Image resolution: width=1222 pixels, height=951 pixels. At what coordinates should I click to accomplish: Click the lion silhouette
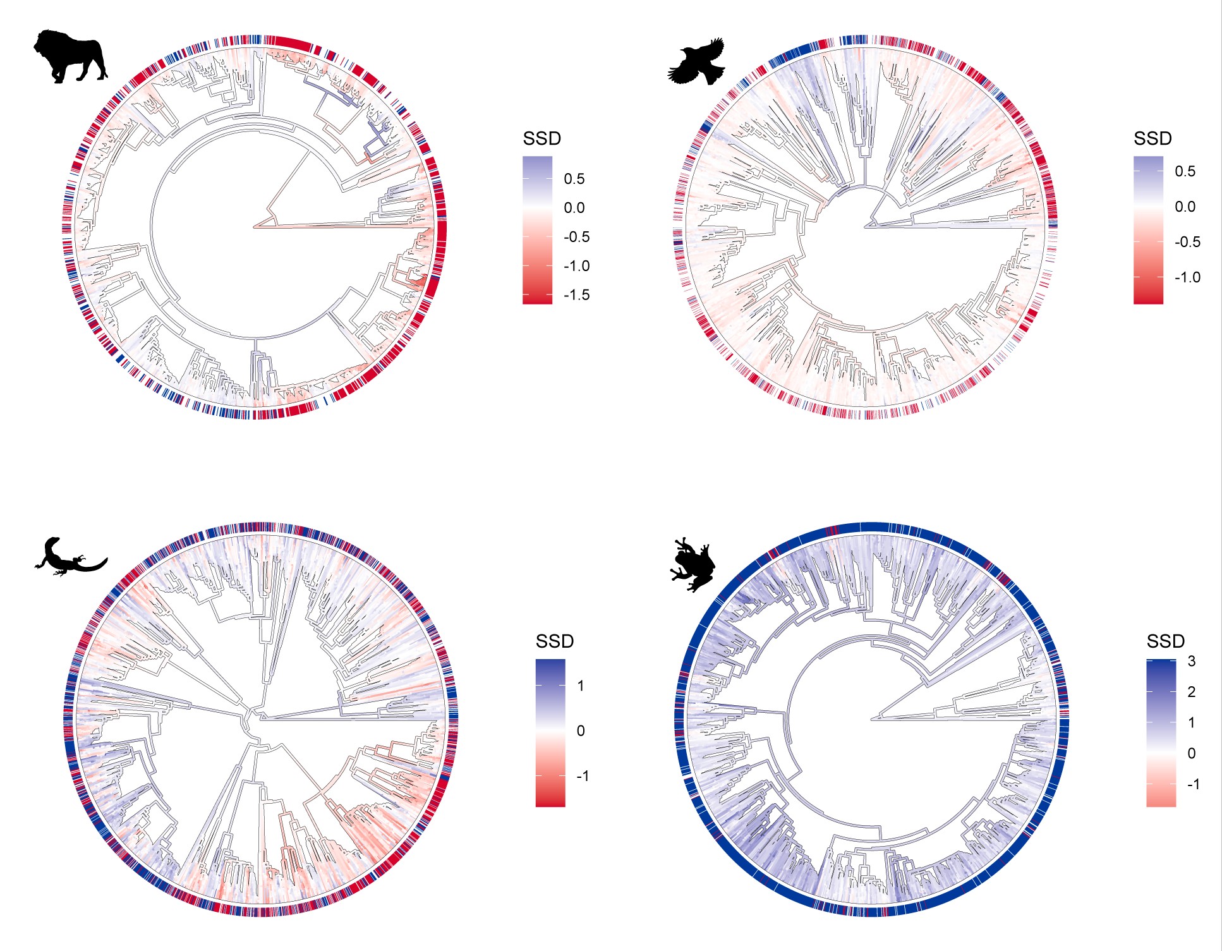pos(70,56)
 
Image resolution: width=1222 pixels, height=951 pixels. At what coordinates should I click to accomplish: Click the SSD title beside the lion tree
pos(541,139)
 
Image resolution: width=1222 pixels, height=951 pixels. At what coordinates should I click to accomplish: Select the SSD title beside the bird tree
pos(1152,139)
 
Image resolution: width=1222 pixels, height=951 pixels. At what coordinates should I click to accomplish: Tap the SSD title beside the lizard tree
pos(554,642)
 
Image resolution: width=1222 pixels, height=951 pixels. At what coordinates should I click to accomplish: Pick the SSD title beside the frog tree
pos(1165,642)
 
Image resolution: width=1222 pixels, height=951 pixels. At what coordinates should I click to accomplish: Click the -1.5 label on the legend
pos(576,295)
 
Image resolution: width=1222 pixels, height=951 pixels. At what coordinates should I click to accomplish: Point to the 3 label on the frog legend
pos(1191,662)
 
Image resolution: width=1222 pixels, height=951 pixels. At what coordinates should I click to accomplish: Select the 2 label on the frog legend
pos(1191,692)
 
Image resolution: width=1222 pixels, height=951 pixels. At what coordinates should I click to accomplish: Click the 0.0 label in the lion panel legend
pos(574,208)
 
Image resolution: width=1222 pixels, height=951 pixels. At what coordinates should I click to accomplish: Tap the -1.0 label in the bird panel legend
pos(1187,277)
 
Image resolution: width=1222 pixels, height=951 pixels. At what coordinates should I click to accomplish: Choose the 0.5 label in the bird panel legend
pos(1185,171)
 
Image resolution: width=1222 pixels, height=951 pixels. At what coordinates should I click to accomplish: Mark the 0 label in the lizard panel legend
pos(581,731)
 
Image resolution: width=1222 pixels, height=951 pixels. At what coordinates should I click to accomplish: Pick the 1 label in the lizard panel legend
pos(581,686)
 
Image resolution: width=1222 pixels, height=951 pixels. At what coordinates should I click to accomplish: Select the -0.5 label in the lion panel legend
pos(576,237)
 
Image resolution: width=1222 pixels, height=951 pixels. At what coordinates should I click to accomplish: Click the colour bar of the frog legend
pos(1161,733)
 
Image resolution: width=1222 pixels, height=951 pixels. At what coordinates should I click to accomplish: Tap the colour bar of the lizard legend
pos(550,733)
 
